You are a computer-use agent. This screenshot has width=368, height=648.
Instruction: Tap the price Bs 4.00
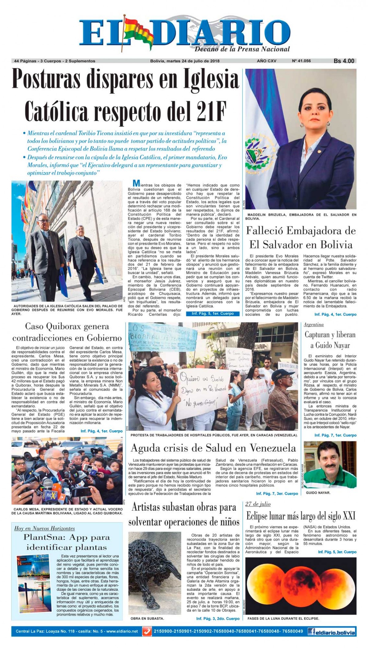pos(344,61)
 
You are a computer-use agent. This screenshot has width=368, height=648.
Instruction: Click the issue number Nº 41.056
pos(301,61)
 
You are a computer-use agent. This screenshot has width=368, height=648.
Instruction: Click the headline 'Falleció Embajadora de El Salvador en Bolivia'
pos(301,238)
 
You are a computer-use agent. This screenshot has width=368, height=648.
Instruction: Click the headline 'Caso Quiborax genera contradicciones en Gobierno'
pos(67,332)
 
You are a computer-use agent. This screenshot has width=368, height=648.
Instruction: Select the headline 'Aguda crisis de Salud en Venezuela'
pos(213,448)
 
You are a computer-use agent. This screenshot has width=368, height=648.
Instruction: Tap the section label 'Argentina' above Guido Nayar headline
pos(314,324)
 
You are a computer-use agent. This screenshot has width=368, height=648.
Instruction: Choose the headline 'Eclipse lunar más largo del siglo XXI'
pos(301,516)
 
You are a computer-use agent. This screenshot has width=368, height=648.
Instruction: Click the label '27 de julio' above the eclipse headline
pos(258,504)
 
